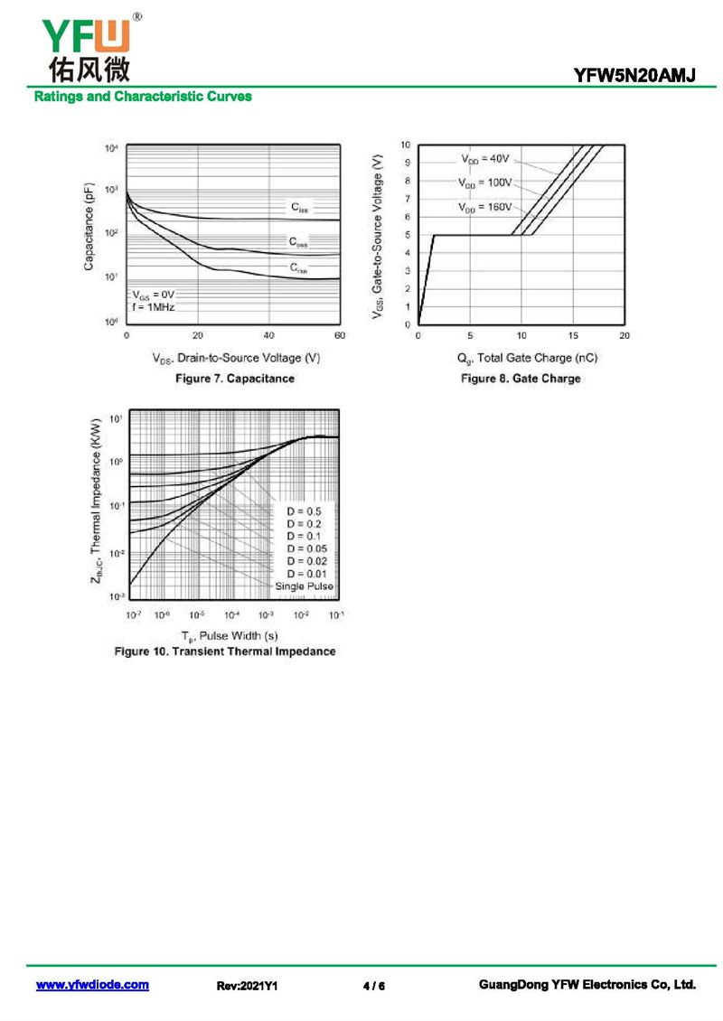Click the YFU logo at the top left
86,45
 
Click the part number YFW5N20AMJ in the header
634,77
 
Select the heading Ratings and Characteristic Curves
143,97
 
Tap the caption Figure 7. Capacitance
235,379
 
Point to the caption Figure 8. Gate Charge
521,379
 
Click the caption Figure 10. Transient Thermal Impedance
225,651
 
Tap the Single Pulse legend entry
305,586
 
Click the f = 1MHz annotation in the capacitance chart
154,307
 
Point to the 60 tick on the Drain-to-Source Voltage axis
340,336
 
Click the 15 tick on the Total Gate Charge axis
573,336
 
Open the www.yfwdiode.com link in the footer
92,986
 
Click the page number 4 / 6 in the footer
373,986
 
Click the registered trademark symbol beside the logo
136,16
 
